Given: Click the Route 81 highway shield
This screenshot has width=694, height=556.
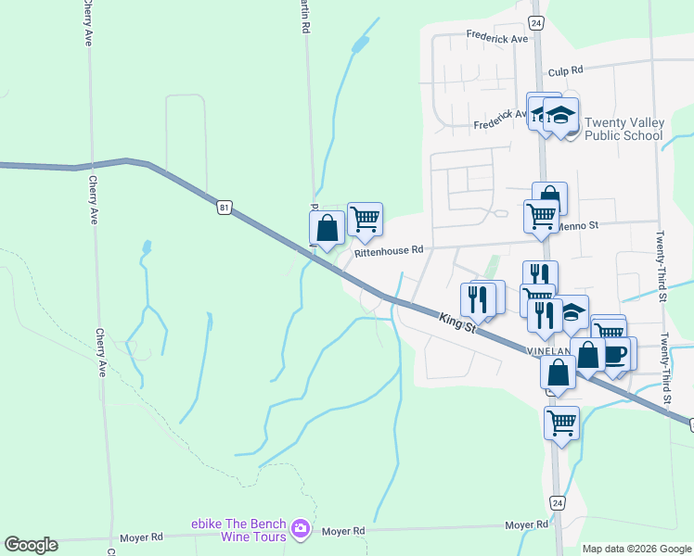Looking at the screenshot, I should (x=225, y=208).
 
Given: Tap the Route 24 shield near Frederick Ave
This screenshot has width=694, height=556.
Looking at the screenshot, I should (x=535, y=22).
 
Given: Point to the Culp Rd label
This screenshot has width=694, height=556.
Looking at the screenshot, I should (x=565, y=70).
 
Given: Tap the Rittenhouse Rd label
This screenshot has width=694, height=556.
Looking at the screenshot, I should (x=388, y=249).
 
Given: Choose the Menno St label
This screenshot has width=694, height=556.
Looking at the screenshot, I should (x=579, y=224).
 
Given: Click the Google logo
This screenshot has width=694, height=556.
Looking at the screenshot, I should (x=31, y=545).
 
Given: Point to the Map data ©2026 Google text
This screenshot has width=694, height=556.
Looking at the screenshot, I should (x=636, y=549).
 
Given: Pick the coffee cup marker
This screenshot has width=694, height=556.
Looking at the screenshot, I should (x=615, y=354).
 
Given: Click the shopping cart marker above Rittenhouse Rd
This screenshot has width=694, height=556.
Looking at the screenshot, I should (x=366, y=219).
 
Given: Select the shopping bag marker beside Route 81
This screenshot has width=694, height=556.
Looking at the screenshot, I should (x=327, y=227).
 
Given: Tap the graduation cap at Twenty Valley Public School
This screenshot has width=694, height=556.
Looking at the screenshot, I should (x=560, y=115).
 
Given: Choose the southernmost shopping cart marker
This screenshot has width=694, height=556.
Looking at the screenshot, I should (x=561, y=422).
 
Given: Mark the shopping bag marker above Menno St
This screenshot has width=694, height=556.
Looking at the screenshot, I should (x=549, y=196).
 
